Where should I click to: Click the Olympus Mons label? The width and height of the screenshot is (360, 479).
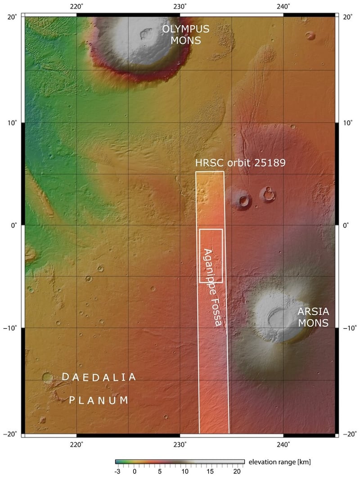[x=185, y=35]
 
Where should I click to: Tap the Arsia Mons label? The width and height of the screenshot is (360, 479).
[x=313, y=317]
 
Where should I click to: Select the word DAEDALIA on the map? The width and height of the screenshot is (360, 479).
[x=99, y=377]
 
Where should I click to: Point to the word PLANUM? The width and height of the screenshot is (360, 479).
[x=99, y=400]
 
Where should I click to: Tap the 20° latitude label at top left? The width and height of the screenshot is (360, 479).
[x=12, y=17]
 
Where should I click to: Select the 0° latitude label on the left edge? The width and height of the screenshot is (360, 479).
[x=14, y=225]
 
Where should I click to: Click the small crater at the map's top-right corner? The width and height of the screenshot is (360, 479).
[x=310, y=36]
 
